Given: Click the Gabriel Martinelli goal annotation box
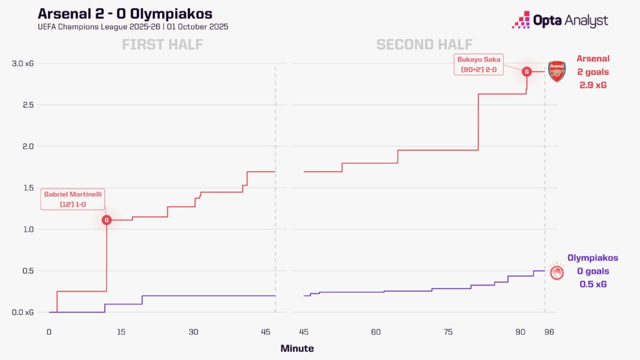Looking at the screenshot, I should click(x=73, y=199).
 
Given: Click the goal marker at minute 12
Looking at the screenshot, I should click(x=107, y=220).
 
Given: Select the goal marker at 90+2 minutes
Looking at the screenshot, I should click(x=527, y=71).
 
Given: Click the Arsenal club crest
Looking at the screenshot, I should click(x=556, y=71).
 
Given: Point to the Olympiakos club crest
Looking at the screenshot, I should click(x=556, y=272).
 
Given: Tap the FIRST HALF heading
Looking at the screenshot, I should click(x=162, y=44).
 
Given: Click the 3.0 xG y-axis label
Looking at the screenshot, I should click(x=24, y=64).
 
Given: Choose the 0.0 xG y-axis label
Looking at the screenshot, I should click(x=24, y=312).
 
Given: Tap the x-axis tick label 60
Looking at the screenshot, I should click(x=376, y=331).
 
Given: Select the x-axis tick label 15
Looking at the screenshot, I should click(x=121, y=331).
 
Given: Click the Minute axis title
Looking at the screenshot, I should click(x=297, y=348).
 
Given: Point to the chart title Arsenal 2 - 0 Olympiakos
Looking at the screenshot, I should click(x=125, y=14).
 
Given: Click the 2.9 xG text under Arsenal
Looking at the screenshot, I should click(x=593, y=84).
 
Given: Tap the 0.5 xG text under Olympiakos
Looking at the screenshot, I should click(x=592, y=284).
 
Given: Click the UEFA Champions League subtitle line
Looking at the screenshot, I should click(x=133, y=27).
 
